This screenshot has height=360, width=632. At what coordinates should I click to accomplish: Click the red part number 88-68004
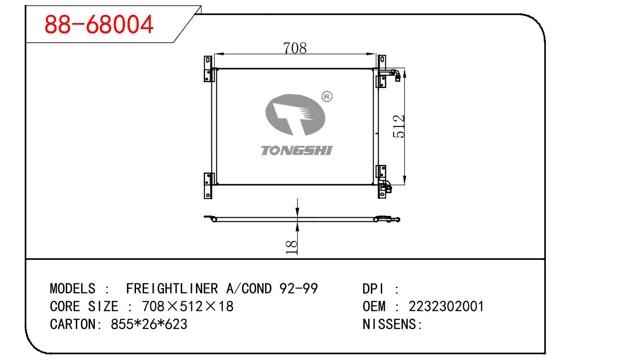pyautogui.click(x=99, y=24)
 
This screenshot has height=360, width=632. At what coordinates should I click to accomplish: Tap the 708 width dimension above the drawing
pyautogui.click(x=295, y=48)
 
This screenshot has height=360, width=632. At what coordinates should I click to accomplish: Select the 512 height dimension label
pyautogui.click(x=399, y=126)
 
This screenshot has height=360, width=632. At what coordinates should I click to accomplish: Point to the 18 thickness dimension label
pyautogui.click(x=291, y=247)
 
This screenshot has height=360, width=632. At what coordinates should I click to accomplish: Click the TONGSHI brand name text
pyautogui.click(x=296, y=150)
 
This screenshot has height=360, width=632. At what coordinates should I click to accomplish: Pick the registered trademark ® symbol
pyautogui.click(x=327, y=97)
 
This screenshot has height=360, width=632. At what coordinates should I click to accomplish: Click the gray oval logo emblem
pyautogui.click(x=295, y=115)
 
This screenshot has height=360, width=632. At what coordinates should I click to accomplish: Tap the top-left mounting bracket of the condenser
pyautogui.click(x=208, y=69)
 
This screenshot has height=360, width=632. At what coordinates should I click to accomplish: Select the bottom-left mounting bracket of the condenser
pyautogui.click(x=208, y=186)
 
